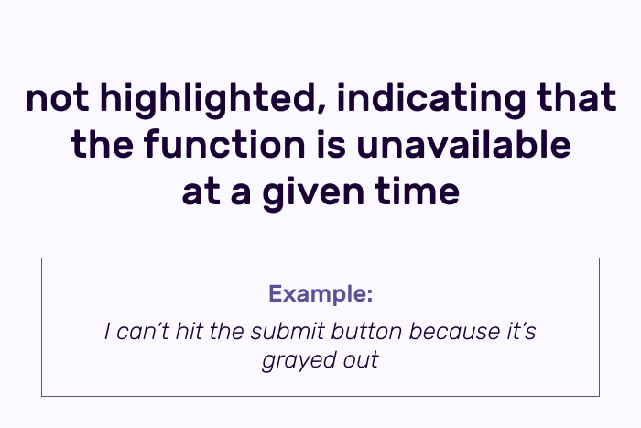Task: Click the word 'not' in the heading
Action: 57,98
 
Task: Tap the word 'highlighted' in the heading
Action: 213,100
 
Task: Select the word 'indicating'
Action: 431,100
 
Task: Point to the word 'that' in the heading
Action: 576,97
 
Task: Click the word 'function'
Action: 224,144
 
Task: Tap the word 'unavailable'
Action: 463,144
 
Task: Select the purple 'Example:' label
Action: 320,293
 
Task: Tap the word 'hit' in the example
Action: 189,331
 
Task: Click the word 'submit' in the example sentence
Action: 288,331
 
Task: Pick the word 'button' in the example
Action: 366,331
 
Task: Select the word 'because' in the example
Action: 454,331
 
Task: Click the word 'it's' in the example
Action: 522,331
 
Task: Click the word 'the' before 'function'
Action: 102,144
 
